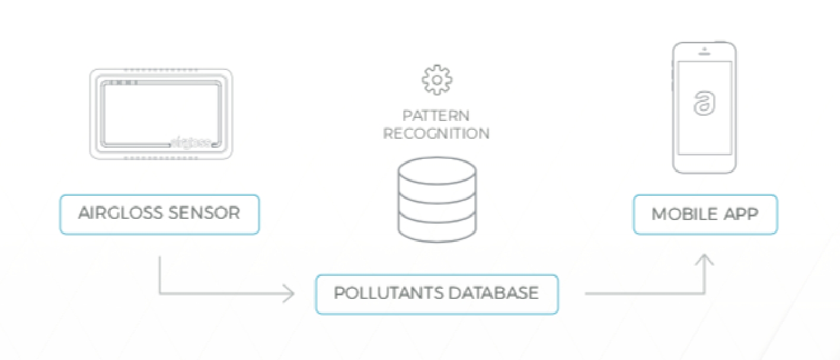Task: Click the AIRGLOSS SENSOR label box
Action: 159,214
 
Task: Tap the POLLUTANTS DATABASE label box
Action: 436,294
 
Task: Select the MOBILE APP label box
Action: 705,214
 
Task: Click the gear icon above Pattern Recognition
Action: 436,80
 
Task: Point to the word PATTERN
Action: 436,115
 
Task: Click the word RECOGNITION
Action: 436,133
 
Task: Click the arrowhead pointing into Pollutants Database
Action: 289,293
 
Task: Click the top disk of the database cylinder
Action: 436,170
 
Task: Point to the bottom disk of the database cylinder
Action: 436,228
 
